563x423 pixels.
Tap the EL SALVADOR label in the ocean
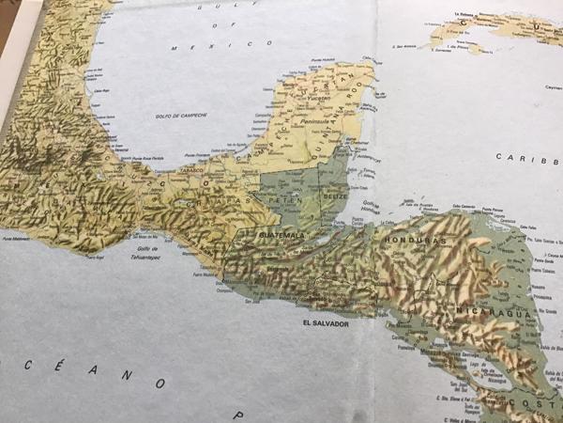click(326, 322)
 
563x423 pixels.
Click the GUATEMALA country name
click(281, 234)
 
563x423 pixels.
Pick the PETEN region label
click(281, 201)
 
